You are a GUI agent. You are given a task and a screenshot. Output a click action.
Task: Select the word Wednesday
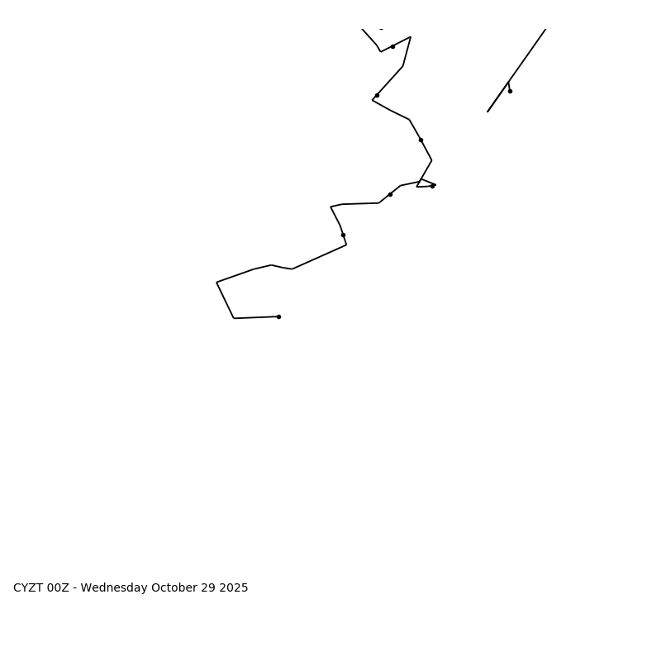pyautogui.click(x=114, y=588)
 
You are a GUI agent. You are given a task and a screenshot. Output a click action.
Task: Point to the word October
pyautogui.click(x=174, y=588)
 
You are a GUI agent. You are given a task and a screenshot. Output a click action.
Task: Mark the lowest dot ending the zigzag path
pyautogui.click(x=278, y=316)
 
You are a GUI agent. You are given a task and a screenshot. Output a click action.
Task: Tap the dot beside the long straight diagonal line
pyautogui.click(x=510, y=91)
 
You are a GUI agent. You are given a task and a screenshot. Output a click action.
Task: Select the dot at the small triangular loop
pyautogui.click(x=432, y=186)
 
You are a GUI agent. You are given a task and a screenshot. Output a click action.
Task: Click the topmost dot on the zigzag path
pyautogui.click(x=392, y=46)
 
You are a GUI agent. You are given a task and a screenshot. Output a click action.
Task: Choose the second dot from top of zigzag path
pyautogui.click(x=377, y=95)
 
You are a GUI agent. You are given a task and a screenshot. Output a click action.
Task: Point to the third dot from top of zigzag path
pyautogui.click(x=421, y=140)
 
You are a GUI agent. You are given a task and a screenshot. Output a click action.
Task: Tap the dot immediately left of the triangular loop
pyautogui.click(x=390, y=194)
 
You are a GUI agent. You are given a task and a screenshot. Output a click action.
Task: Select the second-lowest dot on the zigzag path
pyautogui.click(x=343, y=235)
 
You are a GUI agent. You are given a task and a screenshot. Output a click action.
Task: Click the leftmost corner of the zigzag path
pyautogui.click(x=216, y=283)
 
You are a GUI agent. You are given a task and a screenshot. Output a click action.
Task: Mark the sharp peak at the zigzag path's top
pyautogui.click(x=411, y=37)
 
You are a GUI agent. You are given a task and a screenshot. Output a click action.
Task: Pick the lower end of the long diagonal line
pyautogui.click(x=487, y=112)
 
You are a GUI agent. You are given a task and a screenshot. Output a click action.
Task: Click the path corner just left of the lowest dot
pyautogui.click(x=234, y=318)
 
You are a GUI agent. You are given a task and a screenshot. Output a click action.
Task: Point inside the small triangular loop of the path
pyautogui.click(x=424, y=183)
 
